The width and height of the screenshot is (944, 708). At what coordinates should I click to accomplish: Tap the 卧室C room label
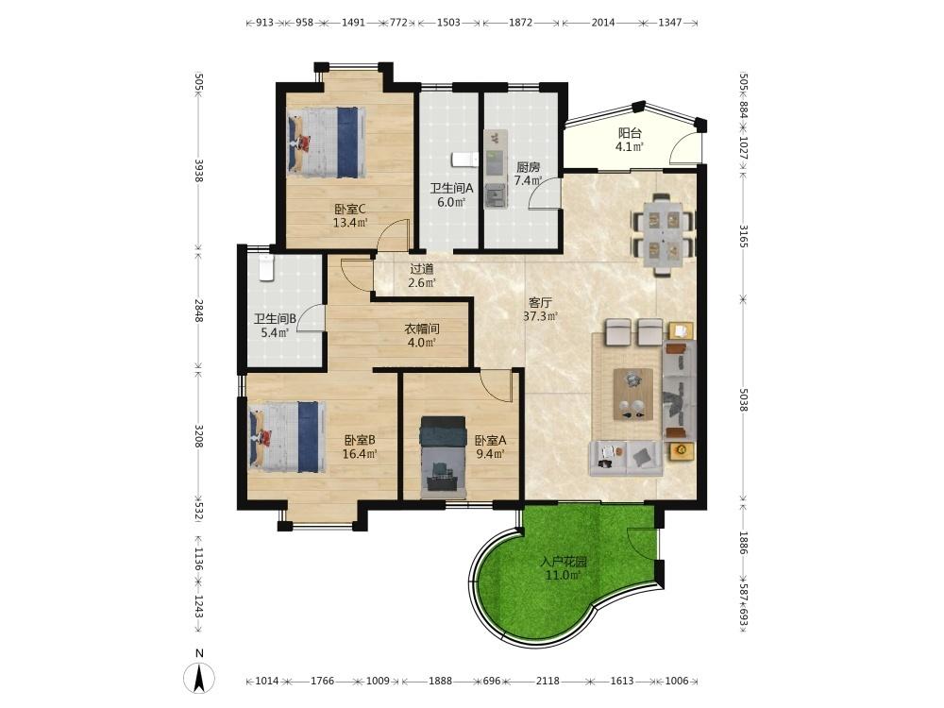[350, 210]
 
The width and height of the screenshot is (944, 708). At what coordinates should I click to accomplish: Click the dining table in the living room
[662, 235]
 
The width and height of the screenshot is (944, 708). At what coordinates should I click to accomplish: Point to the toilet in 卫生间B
[265, 268]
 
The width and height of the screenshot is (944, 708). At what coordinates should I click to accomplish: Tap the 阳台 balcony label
[630, 133]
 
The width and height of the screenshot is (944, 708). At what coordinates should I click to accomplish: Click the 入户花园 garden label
[564, 563]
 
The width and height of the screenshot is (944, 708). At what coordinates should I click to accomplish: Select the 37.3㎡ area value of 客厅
[540, 315]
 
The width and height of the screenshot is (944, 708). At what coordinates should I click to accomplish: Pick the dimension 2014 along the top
[603, 23]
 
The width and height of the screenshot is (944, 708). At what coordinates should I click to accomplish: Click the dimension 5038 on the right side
[743, 399]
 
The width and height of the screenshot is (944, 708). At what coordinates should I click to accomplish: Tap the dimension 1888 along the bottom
[440, 681]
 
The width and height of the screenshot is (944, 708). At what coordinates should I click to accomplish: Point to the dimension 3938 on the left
[198, 169]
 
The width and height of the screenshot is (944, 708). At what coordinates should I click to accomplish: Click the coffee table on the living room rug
[632, 395]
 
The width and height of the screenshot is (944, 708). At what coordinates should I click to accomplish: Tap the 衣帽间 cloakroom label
[421, 329]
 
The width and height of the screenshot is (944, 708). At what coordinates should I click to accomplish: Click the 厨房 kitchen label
[528, 167]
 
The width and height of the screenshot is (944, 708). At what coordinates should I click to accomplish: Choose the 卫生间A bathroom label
[451, 188]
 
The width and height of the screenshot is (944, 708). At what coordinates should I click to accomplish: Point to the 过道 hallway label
[421, 269]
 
